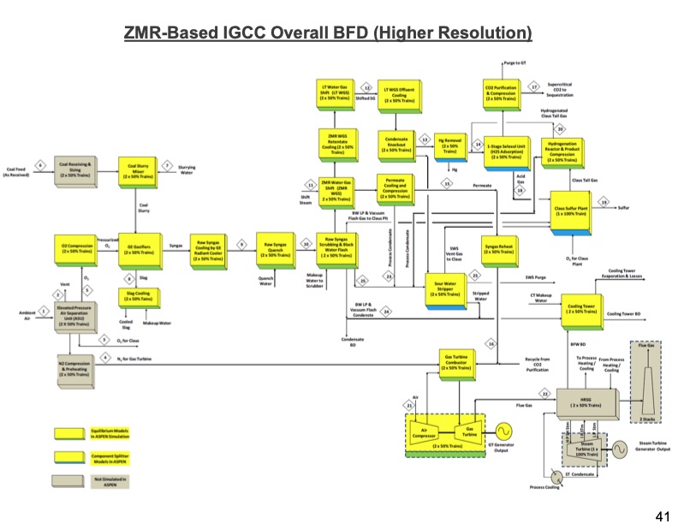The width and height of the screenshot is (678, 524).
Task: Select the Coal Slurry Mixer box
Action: pos(138,169)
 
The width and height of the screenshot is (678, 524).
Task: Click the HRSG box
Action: pos(585,402)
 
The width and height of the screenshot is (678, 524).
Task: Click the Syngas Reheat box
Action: pos(500,249)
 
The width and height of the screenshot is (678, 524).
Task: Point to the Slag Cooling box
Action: pos(138,296)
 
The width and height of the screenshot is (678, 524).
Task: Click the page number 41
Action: pos(661,515)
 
